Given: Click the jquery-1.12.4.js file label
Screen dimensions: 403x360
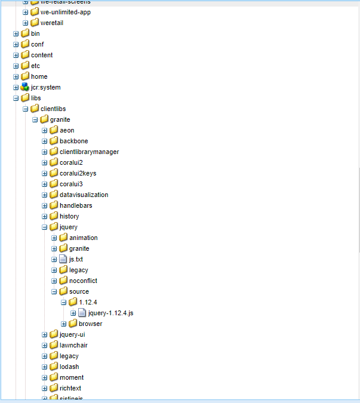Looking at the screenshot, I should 110,313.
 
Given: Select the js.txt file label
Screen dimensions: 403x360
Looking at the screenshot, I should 76,259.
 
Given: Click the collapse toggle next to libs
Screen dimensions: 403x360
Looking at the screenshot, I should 16,98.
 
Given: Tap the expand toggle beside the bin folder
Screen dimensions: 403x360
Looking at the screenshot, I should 16,33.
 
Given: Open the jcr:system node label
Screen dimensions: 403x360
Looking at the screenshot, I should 45,87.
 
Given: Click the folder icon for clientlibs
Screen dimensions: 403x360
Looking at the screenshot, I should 35,109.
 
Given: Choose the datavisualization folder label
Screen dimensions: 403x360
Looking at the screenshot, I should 84,195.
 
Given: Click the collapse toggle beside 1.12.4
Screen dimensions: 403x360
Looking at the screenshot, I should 64,302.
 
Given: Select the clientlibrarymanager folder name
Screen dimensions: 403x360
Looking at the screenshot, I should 89,152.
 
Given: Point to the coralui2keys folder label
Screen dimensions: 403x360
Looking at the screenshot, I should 78,173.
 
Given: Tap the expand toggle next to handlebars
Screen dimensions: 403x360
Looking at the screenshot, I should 45,205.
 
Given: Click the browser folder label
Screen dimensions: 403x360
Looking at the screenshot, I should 90,324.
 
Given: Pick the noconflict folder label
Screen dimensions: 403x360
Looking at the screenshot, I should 83,281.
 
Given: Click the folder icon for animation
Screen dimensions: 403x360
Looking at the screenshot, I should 63,238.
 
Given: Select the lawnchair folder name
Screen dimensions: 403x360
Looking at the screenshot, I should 73,345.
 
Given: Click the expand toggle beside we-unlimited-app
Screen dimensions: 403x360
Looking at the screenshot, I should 26,12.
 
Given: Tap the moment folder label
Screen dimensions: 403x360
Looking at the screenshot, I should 72,377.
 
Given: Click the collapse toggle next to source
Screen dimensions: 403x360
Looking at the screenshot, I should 54,291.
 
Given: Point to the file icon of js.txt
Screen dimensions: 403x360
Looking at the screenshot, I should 63,259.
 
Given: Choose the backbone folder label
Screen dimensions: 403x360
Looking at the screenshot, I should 73,141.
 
